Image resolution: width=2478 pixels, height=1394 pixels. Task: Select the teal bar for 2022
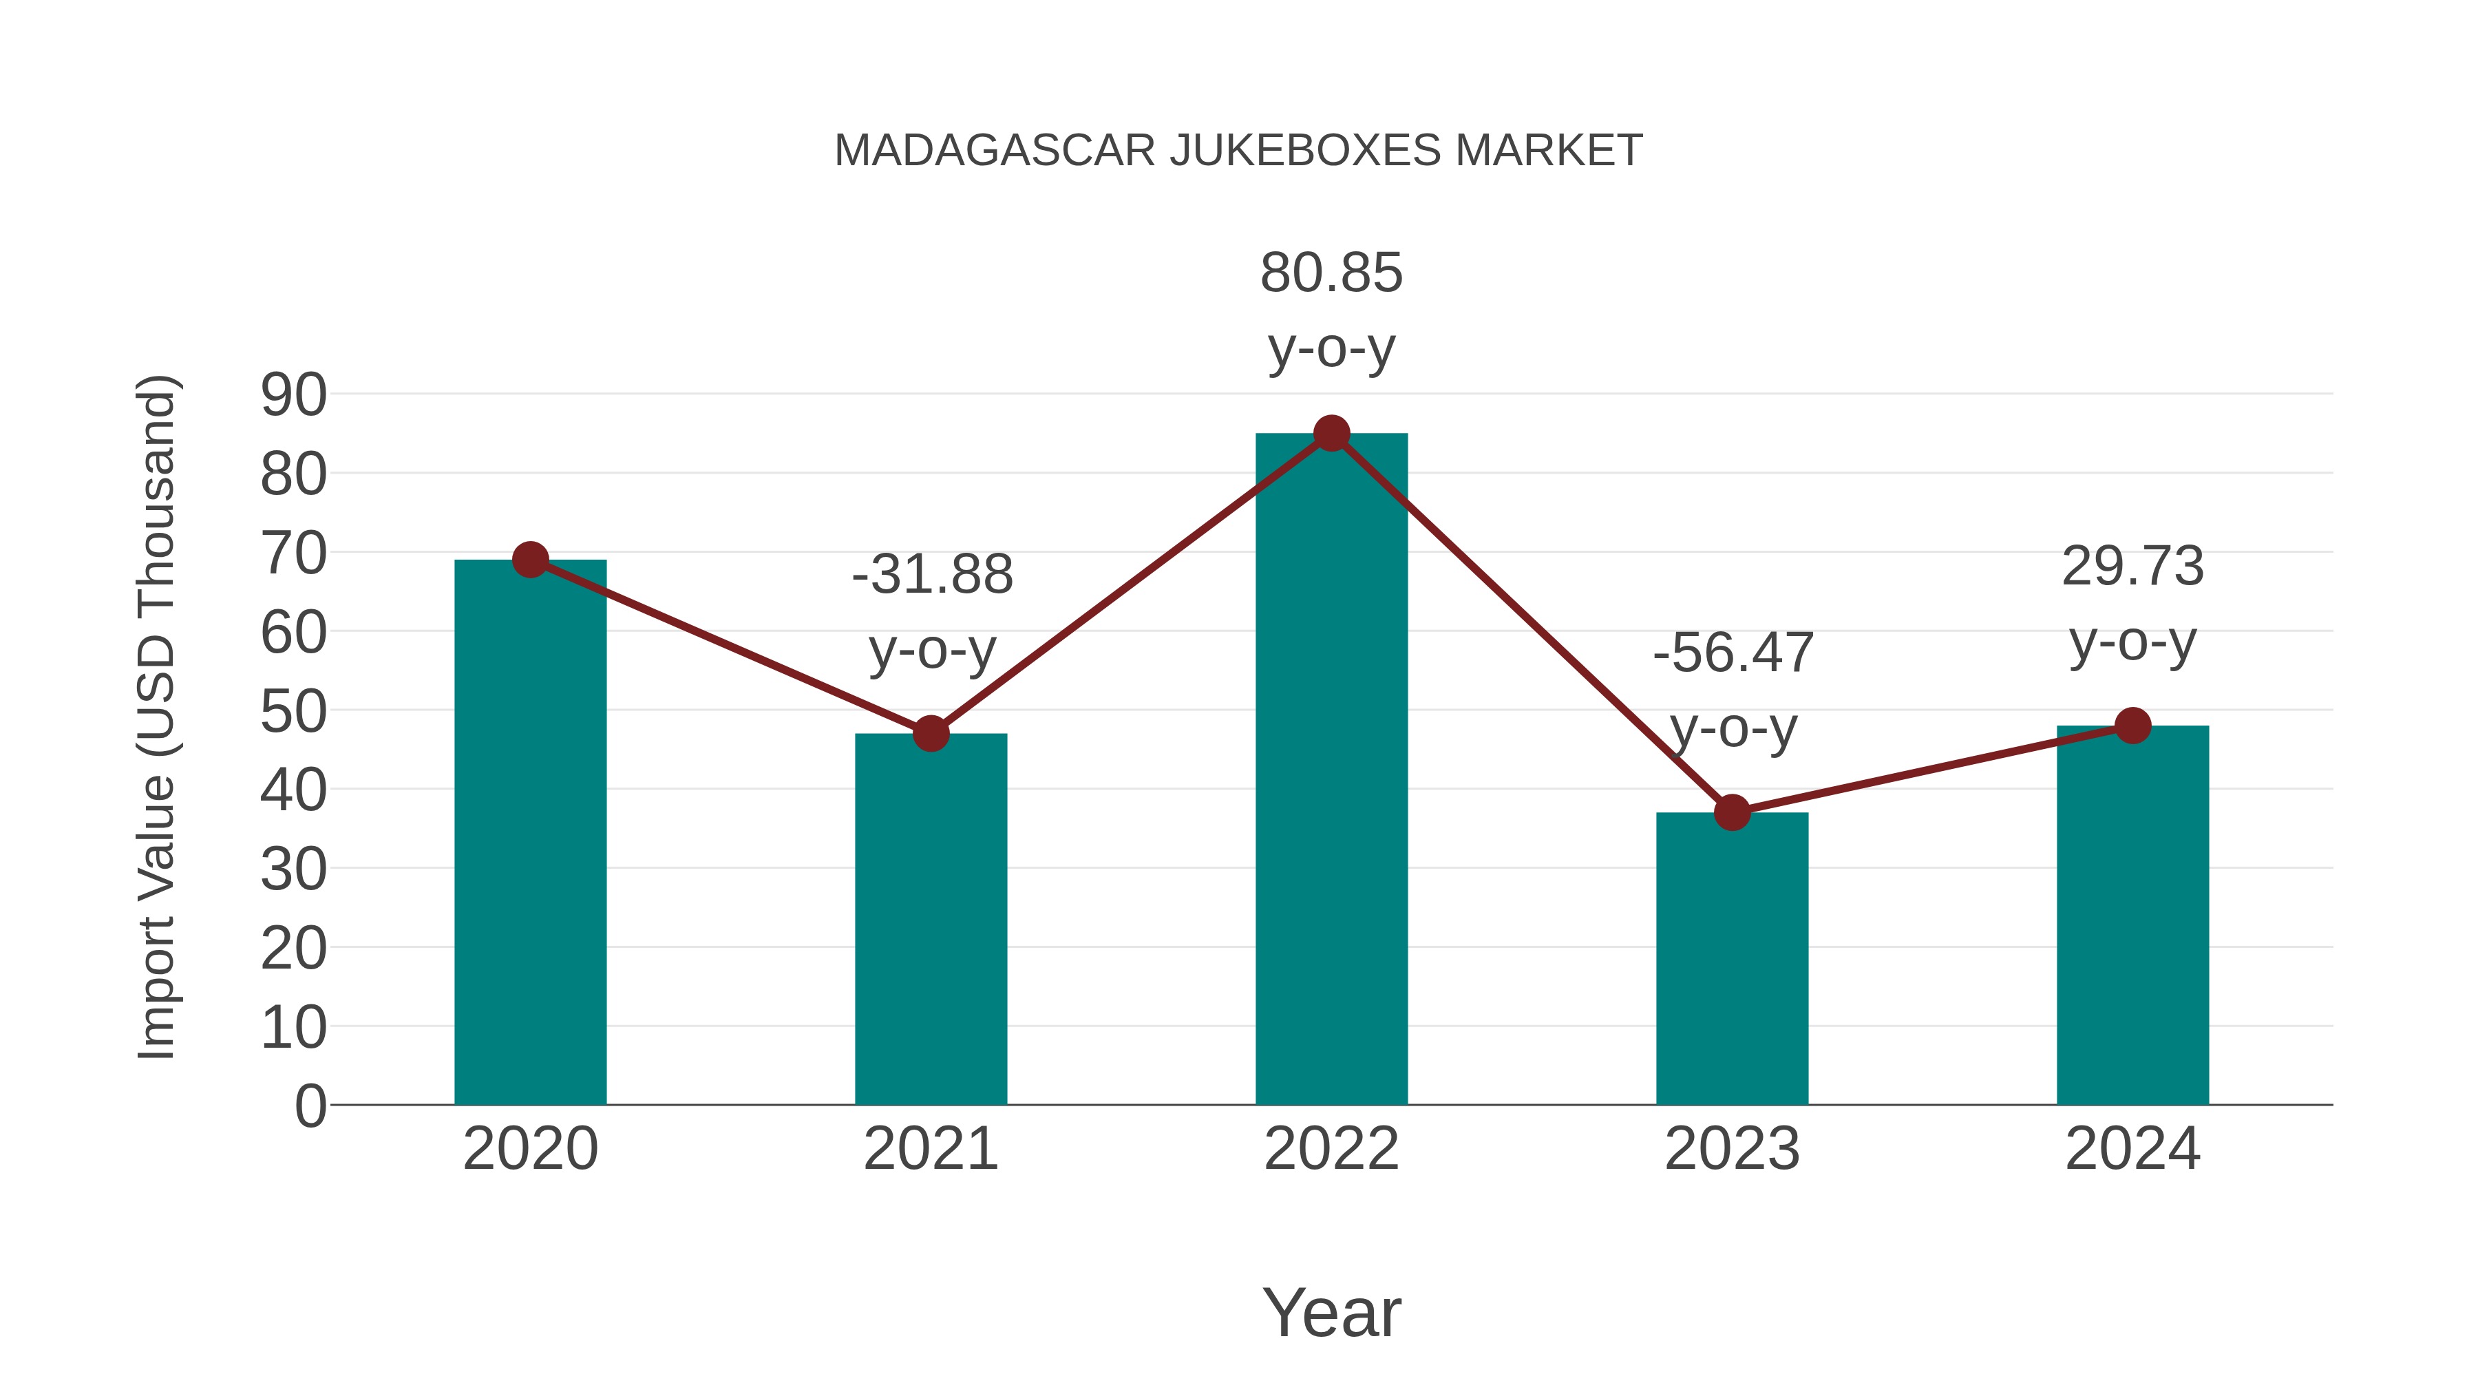pyautogui.click(x=1331, y=770)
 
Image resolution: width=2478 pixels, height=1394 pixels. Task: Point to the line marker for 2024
pyautogui.click(x=2132, y=726)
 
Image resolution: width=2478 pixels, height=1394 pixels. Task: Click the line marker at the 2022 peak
pyautogui.click(x=1331, y=434)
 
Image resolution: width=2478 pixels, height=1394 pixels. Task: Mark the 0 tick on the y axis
pyautogui.click(x=310, y=1106)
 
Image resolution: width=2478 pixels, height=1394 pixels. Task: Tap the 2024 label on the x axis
pyautogui.click(x=2132, y=1149)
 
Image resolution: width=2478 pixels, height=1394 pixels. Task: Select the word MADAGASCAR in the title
pyautogui.click(x=995, y=151)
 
